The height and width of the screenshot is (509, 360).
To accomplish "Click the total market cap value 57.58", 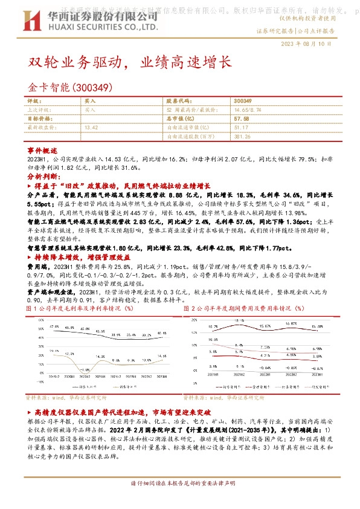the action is click(x=241, y=119).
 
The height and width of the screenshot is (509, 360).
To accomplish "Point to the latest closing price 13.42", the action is click(x=92, y=128).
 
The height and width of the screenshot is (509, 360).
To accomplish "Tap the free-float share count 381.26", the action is click(x=242, y=137).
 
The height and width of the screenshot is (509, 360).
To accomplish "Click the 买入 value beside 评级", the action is click(x=90, y=101).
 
